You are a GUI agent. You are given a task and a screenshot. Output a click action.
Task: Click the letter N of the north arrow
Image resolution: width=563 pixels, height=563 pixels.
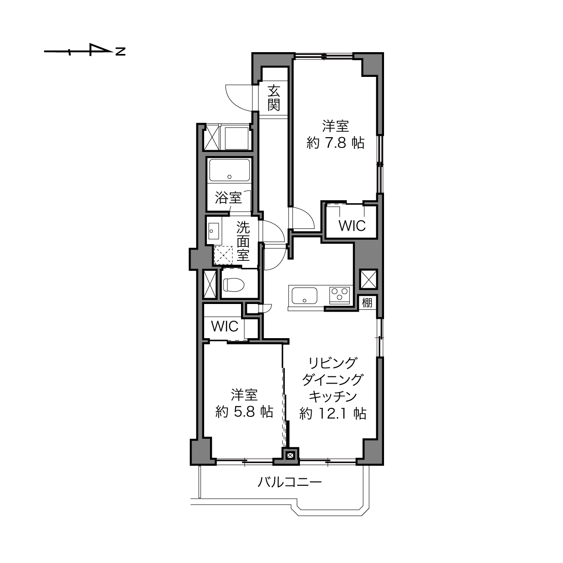[x=121, y=51]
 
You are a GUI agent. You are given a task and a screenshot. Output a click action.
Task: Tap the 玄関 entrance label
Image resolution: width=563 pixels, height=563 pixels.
[x=274, y=98]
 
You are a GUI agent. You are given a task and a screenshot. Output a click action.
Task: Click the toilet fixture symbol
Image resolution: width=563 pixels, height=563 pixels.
[x=233, y=284]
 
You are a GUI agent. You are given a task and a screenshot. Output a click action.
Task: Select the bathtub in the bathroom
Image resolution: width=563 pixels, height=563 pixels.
[x=230, y=170]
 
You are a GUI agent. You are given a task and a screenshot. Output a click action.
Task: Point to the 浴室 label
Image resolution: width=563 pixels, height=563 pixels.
[x=228, y=198]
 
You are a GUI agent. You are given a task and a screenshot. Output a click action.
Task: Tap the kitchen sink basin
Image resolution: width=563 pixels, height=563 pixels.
[x=304, y=296]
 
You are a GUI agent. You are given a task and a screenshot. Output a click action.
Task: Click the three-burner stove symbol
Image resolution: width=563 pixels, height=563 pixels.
[x=340, y=295]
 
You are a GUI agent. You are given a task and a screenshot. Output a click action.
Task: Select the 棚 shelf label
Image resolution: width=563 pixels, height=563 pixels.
[x=367, y=303]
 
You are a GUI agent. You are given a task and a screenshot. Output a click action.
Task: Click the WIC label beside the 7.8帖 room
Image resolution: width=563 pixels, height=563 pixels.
[x=352, y=226]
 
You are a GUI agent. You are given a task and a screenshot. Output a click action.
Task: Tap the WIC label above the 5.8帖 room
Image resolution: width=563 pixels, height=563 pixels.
[x=225, y=326]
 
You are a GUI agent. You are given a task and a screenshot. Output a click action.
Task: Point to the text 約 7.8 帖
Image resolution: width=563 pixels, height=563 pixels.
[x=335, y=143]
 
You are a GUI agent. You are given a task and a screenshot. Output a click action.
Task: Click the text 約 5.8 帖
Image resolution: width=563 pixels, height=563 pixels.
[x=244, y=411]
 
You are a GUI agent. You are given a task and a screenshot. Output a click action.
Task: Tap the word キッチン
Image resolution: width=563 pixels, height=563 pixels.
[x=333, y=397]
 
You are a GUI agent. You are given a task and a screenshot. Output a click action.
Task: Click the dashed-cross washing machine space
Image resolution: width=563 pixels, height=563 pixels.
[x=223, y=255]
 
